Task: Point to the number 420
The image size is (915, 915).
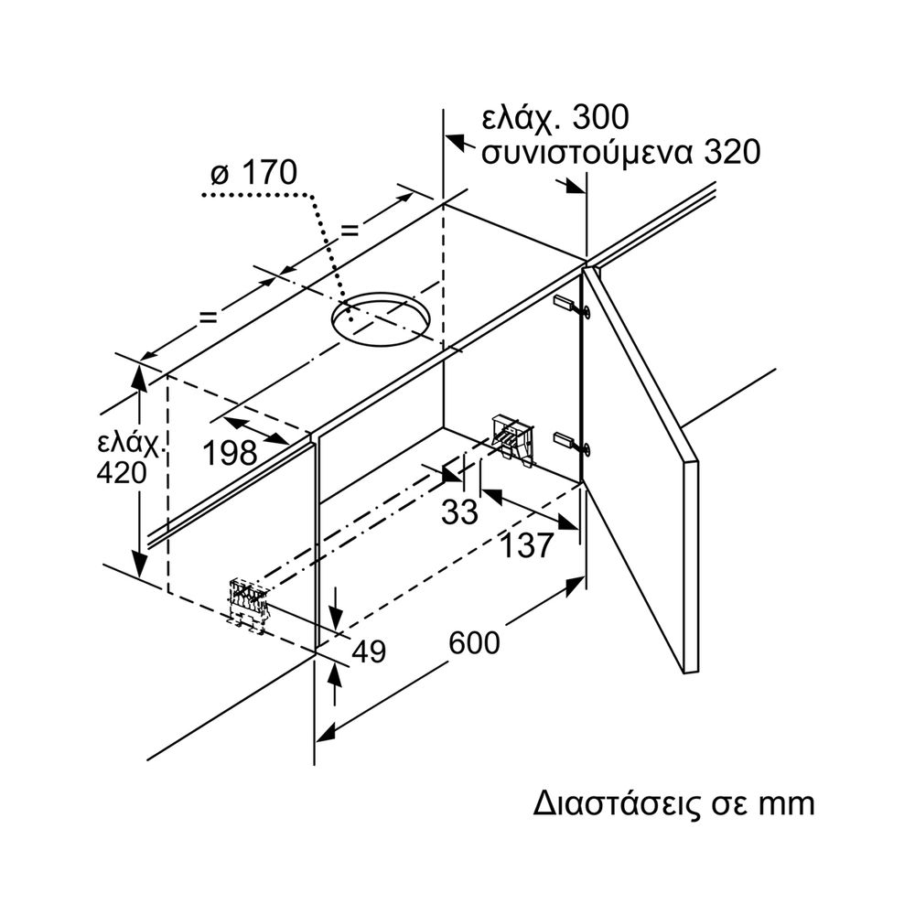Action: click(x=121, y=473)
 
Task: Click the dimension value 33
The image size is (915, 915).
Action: click(x=459, y=512)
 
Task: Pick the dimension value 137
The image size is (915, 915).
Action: click(x=529, y=546)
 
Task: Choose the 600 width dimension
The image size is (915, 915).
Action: click(x=474, y=643)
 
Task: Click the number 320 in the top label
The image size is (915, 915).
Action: click(x=732, y=152)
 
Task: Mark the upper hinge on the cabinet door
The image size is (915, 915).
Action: click(x=572, y=307)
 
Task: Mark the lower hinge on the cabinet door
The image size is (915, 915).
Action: click(x=572, y=443)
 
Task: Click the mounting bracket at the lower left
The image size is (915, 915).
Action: click(x=247, y=604)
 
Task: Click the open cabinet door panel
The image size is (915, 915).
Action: click(x=640, y=457)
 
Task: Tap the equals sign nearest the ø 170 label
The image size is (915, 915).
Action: click(x=349, y=231)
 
